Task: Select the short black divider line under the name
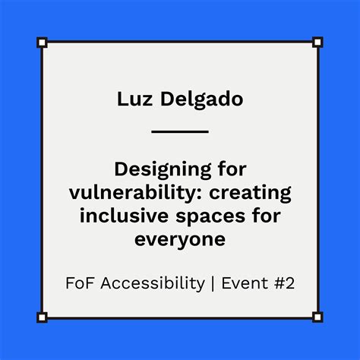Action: click(x=180, y=131)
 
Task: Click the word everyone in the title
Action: click(x=180, y=240)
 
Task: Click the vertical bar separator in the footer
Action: click(x=213, y=283)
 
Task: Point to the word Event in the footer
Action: click(x=242, y=283)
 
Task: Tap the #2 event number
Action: click(x=282, y=283)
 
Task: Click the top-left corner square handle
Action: click(x=42, y=42)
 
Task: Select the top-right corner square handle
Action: click(x=317, y=42)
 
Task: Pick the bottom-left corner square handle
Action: click(x=42, y=317)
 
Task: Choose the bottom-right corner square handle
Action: click(x=317, y=317)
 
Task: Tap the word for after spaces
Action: click(x=258, y=216)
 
